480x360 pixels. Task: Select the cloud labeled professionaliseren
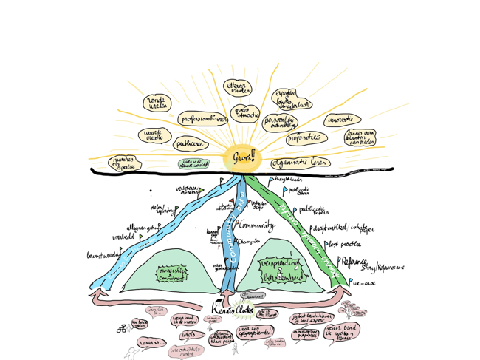coord(201,118)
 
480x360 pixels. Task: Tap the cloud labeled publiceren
coord(192,143)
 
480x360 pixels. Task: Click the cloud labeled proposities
coord(304,137)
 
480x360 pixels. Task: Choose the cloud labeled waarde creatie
coord(155,136)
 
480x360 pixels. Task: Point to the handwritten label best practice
coord(345,243)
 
